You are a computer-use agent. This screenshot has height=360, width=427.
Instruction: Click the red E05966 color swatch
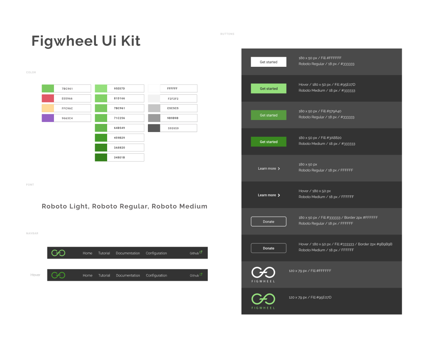pyautogui.click(x=48, y=99)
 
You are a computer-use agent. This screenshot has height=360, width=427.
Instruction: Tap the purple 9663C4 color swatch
pyautogui.click(x=48, y=118)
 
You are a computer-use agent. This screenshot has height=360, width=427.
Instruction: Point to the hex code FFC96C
pyautogui.click(x=67, y=108)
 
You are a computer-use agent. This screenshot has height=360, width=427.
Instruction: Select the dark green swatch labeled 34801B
pyautogui.click(x=101, y=157)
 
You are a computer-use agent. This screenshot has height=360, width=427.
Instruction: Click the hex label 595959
pyautogui.click(x=173, y=128)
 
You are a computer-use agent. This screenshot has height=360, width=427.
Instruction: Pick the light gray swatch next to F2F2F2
pyautogui.click(x=154, y=99)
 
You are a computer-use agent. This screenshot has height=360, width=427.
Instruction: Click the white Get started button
pyautogui.click(x=269, y=62)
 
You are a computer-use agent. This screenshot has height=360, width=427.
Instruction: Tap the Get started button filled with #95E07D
pyautogui.click(x=269, y=89)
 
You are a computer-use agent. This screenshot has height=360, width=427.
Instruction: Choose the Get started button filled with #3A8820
pyautogui.click(x=269, y=142)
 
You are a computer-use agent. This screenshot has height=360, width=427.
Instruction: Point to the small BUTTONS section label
pyautogui.click(x=227, y=34)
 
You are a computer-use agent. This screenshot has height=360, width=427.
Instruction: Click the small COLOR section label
pyautogui.click(x=31, y=73)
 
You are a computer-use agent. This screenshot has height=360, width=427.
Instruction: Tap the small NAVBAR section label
pyautogui.click(x=32, y=233)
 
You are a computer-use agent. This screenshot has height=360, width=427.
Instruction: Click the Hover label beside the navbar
pyautogui.click(x=35, y=275)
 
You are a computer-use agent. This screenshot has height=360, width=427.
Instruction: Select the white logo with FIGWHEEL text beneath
pyautogui.click(x=263, y=275)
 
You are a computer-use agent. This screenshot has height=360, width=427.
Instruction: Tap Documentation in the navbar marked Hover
pyautogui.click(x=128, y=275)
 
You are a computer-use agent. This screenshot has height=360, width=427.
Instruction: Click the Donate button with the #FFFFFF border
pyautogui.click(x=269, y=222)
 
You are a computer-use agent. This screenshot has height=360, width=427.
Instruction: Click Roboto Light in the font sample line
pyautogui.click(x=65, y=207)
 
